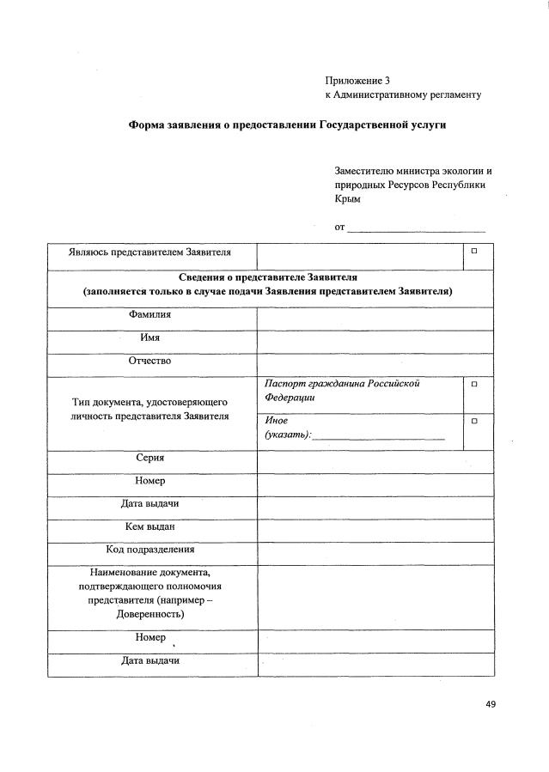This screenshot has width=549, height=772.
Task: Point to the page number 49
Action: pyautogui.click(x=491, y=704)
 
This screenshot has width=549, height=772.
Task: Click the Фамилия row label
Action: pyautogui.click(x=150, y=314)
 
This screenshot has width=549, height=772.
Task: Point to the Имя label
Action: pyautogui.click(x=150, y=337)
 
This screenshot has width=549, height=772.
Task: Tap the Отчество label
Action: pyautogui.click(x=150, y=361)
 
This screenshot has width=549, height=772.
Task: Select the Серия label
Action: pyautogui.click(x=150, y=458)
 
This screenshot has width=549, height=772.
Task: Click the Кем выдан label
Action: pyautogui.click(x=150, y=526)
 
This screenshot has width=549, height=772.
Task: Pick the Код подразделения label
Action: pyautogui.click(x=150, y=549)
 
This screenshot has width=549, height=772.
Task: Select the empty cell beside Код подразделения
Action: pyautogui.click(x=375, y=553)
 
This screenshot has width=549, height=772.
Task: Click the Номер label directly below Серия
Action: pyautogui.click(x=150, y=481)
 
